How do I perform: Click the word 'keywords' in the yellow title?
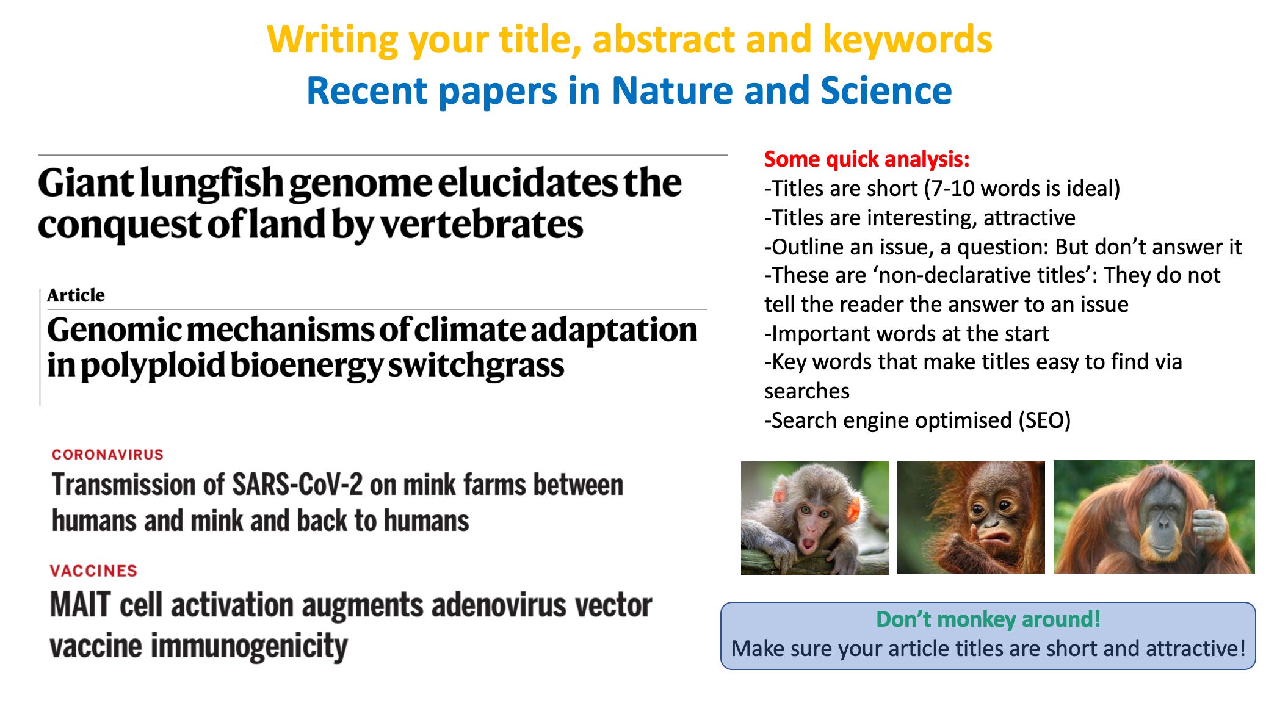[907, 40]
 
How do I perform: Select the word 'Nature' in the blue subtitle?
[672, 91]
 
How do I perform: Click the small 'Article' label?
[76, 295]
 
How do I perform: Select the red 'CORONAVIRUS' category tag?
[107, 455]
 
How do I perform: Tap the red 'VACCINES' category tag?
[93, 571]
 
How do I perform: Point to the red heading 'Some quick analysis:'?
[867, 159]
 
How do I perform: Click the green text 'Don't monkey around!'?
[988, 619]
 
